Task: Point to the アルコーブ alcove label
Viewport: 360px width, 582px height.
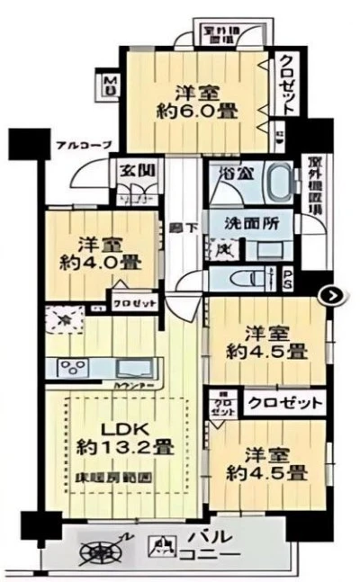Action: (83, 146)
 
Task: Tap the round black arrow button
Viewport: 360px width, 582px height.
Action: (333, 294)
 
